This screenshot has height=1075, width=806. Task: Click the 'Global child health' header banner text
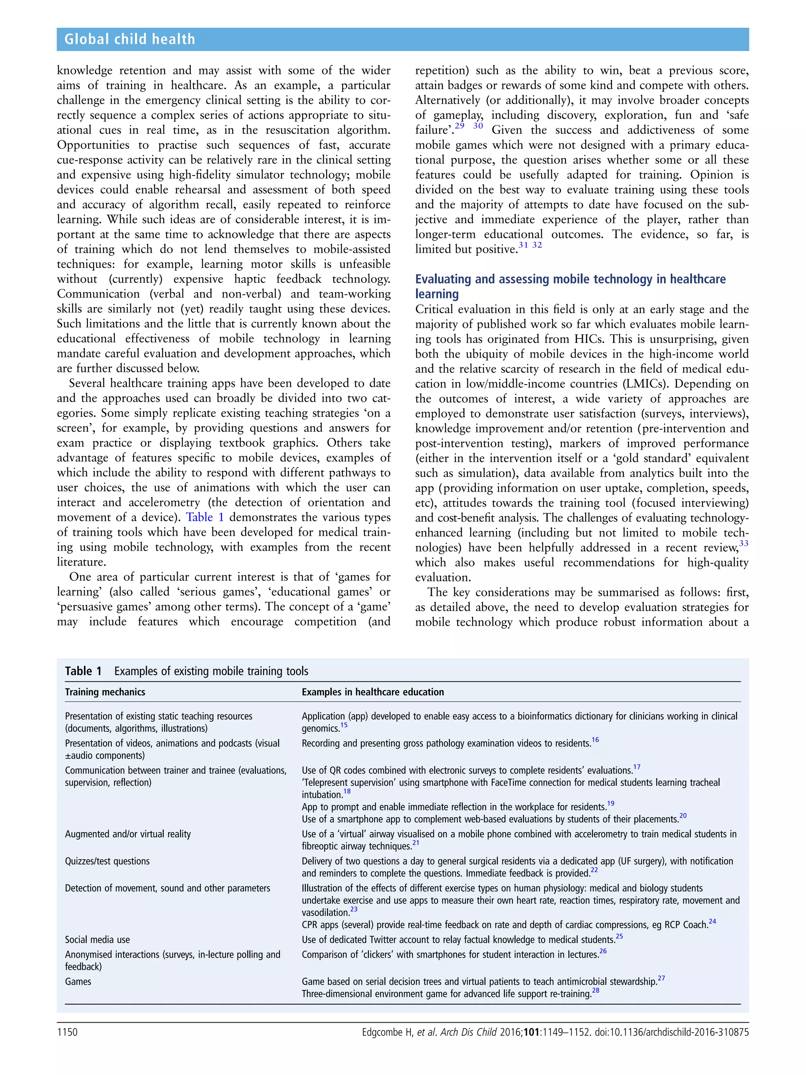click(x=130, y=39)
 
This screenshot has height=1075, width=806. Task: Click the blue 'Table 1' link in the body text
click(x=205, y=517)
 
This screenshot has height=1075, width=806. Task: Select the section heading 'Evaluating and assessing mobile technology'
click(x=570, y=279)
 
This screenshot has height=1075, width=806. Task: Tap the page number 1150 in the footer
click(x=67, y=1032)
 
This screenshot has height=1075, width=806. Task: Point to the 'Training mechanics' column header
click(x=105, y=692)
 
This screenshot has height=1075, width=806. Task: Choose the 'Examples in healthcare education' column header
click(x=373, y=692)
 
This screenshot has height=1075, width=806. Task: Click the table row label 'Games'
click(x=78, y=981)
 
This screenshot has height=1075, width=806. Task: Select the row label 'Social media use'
click(x=97, y=940)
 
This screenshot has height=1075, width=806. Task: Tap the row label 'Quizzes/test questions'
click(x=107, y=861)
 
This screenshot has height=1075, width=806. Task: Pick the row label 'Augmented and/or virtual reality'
click(x=128, y=834)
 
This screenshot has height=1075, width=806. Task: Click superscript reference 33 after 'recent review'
click(x=743, y=543)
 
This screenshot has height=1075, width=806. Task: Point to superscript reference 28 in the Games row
click(x=595, y=990)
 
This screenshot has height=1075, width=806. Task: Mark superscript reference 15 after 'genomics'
click(x=344, y=725)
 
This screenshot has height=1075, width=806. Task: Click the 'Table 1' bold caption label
click(x=83, y=671)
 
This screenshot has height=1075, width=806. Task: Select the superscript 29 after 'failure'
click(x=459, y=126)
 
